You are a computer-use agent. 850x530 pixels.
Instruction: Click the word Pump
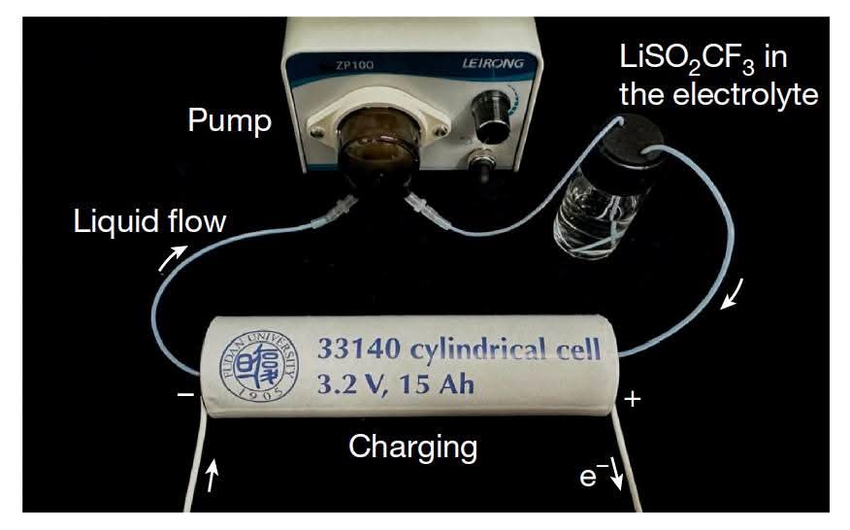tap(230, 122)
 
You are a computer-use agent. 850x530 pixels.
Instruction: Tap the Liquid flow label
tap(150, 222)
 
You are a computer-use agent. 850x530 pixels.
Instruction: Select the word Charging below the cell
tap(412, 447)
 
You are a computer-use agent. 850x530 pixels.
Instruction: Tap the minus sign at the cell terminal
tap(184, 397)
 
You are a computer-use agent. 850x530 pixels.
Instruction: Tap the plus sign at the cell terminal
tap(632, 399)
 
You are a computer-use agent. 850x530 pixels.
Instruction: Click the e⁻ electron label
tap(591, 477)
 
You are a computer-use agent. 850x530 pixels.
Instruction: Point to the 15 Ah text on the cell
tap(439, 385)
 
